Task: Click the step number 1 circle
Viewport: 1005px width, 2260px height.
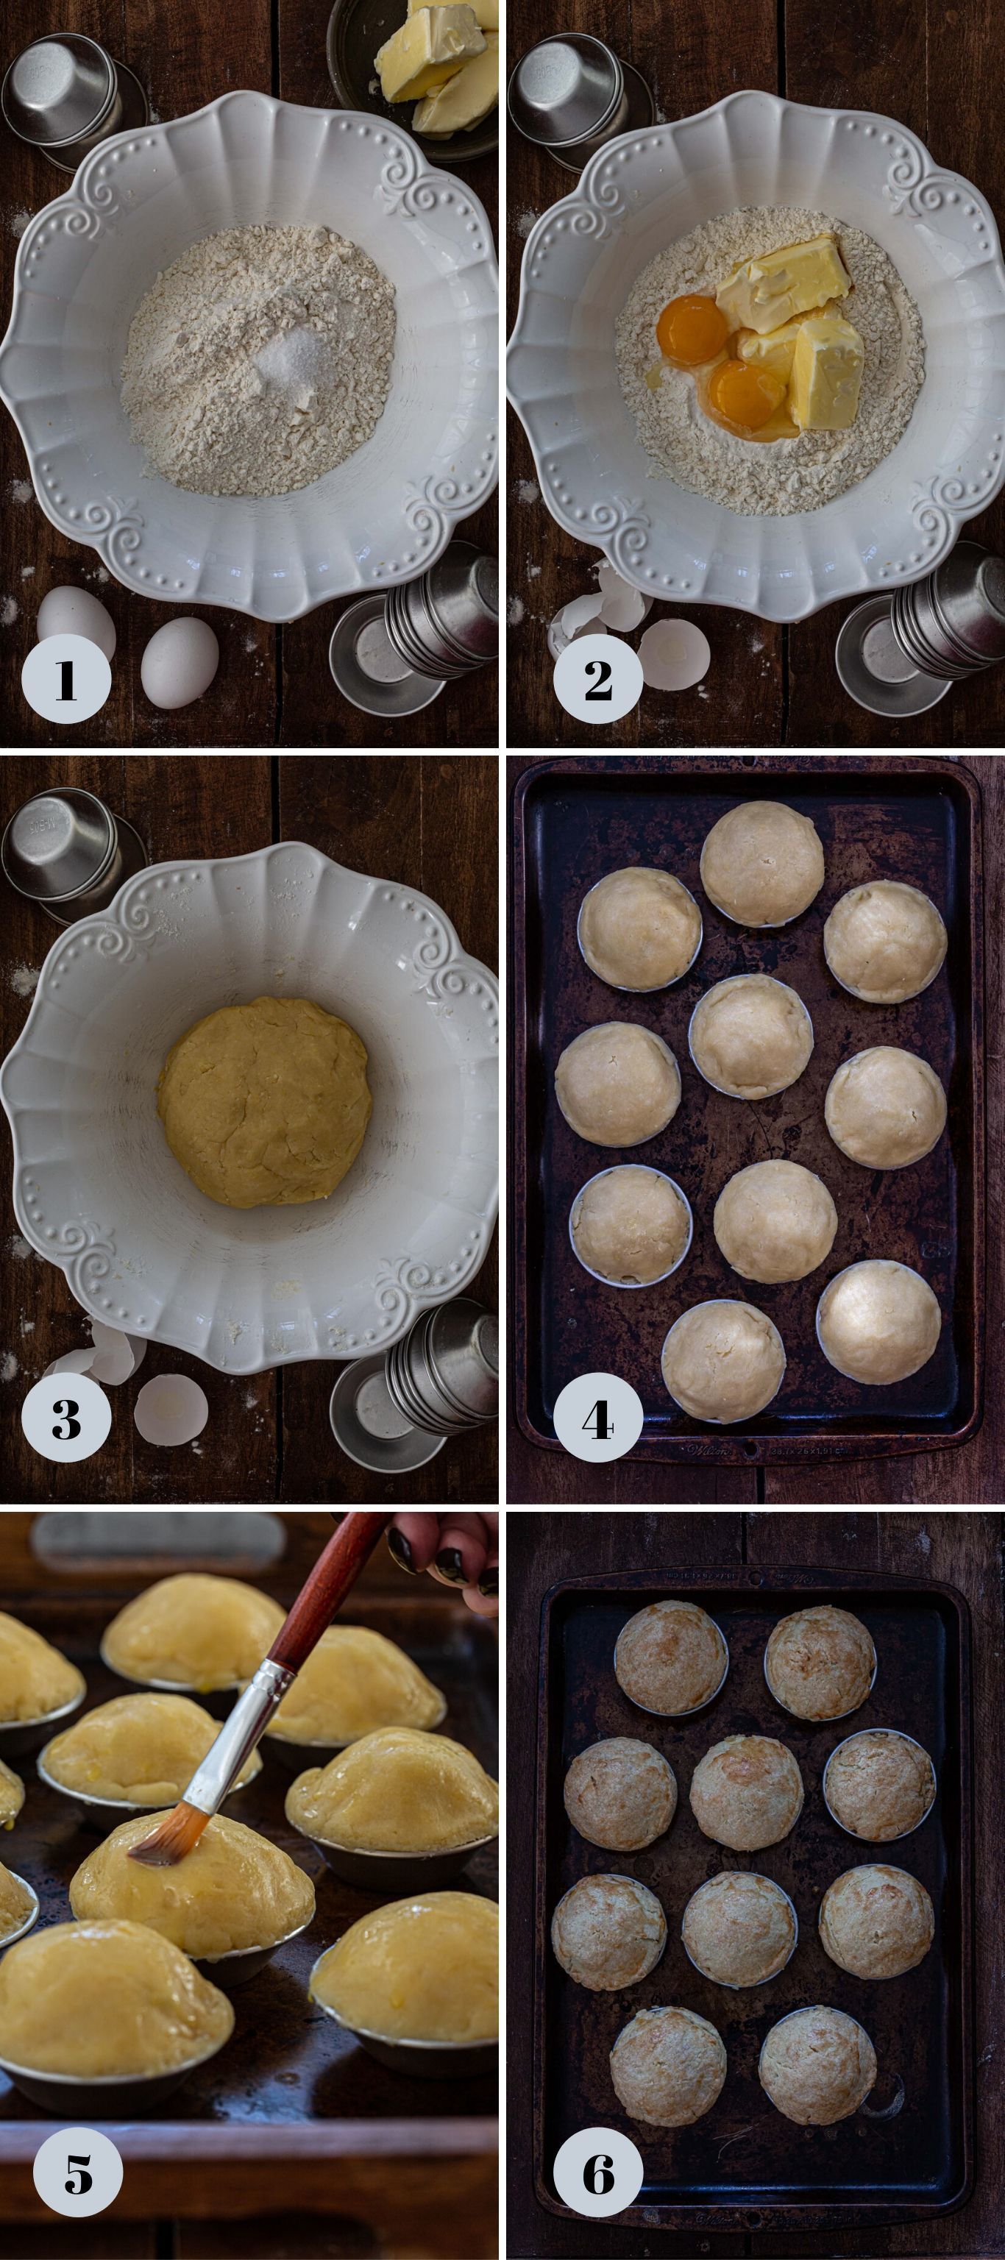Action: click(65, 679)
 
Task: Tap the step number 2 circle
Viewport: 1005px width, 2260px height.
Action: click(597, 679)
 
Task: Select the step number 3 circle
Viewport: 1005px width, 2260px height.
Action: click(65, 1418)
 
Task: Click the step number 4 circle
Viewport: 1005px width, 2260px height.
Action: click(597, 1418)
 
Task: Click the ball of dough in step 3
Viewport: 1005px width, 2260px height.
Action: click(263, 1101)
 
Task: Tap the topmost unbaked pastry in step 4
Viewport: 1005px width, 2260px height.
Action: click(762, 862)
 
